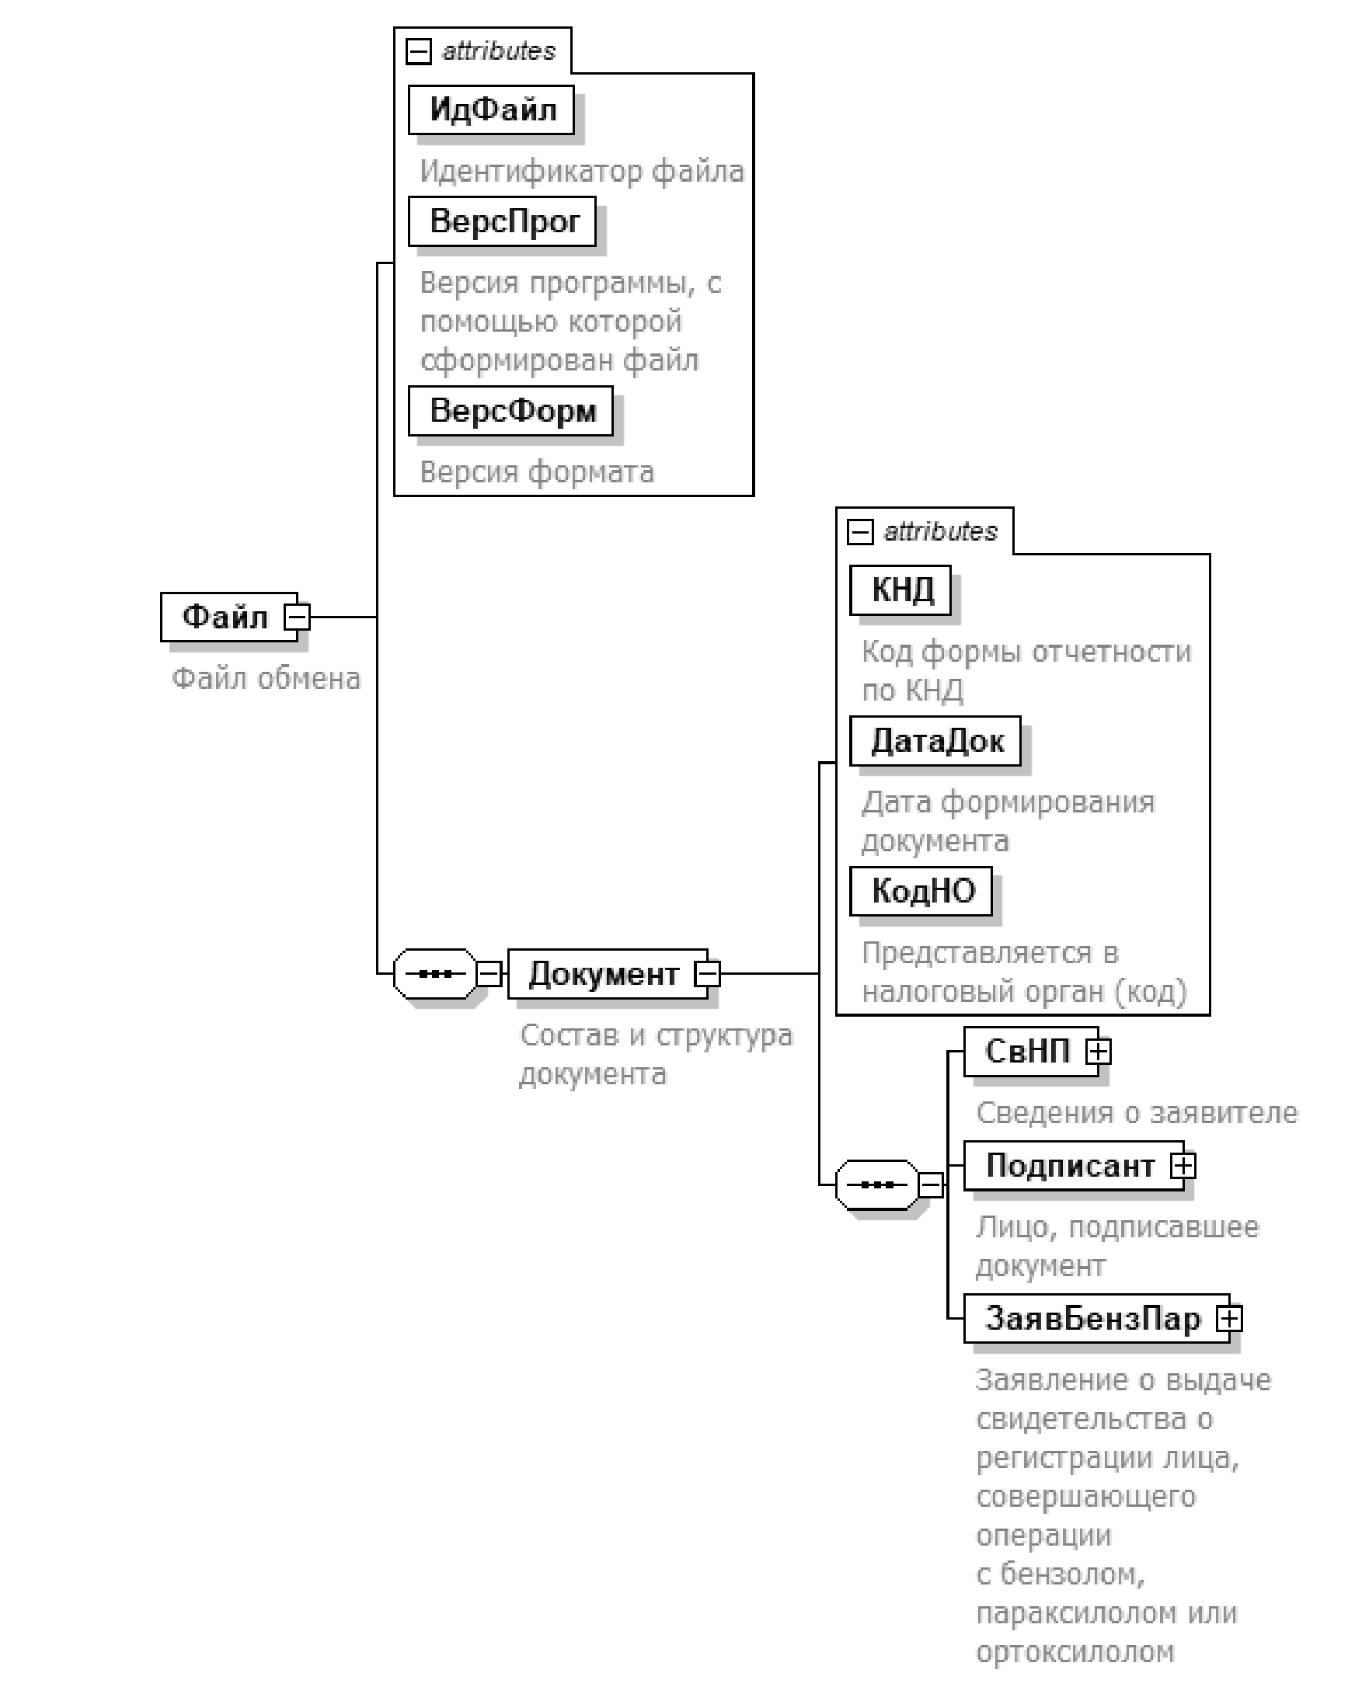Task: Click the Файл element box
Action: (x=225, y=617)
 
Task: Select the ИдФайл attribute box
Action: (x=492, y=110)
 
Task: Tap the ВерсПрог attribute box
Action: (x=503, y=221)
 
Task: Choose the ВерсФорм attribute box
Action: (x=511, y=411)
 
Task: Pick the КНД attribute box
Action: (x=901, y=590)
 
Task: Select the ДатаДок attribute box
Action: (x=936, y=741)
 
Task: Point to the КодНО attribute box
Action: (x=922, y=891)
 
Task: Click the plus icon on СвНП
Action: (x=1099, y=1052)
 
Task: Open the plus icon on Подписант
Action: (x=1183, y=1166)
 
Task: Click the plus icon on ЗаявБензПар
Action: (x=1229, y=1319)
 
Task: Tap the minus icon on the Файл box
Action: (x=297, y=617)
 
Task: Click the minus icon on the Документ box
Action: (x=708, y=974)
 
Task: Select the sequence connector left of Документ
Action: (x=435, y=974)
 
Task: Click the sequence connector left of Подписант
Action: (x=877, y=1184)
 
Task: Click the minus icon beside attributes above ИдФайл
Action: (x=419, y=52)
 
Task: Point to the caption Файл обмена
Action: (x=266, y=678)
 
